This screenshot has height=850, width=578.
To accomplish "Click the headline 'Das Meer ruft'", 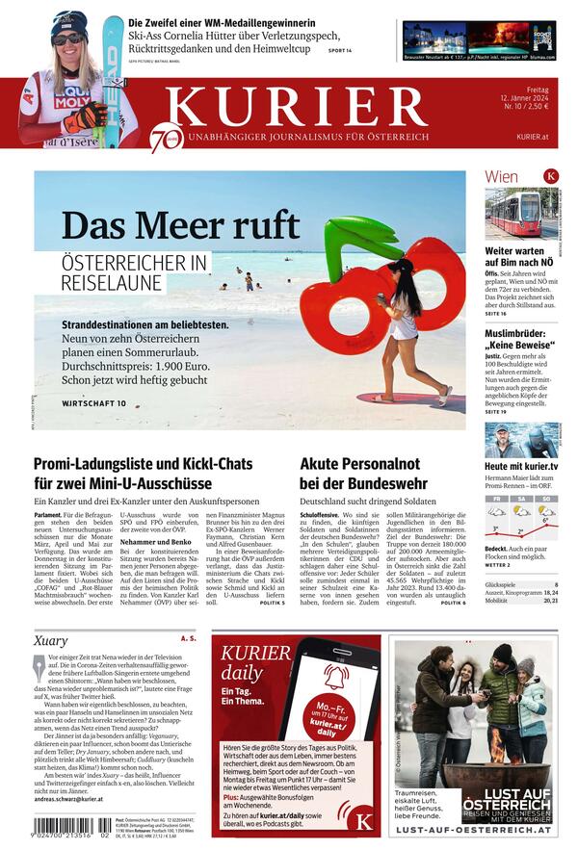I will point(180,225).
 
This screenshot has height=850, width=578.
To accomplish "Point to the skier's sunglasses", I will point(68,39).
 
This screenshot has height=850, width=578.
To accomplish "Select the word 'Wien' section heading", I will point(501,177).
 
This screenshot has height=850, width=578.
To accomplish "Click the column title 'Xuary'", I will point(50,641).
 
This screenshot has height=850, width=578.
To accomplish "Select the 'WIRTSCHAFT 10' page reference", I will point(93,403).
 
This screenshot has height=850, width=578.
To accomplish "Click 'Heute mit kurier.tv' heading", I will point(521,466).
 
